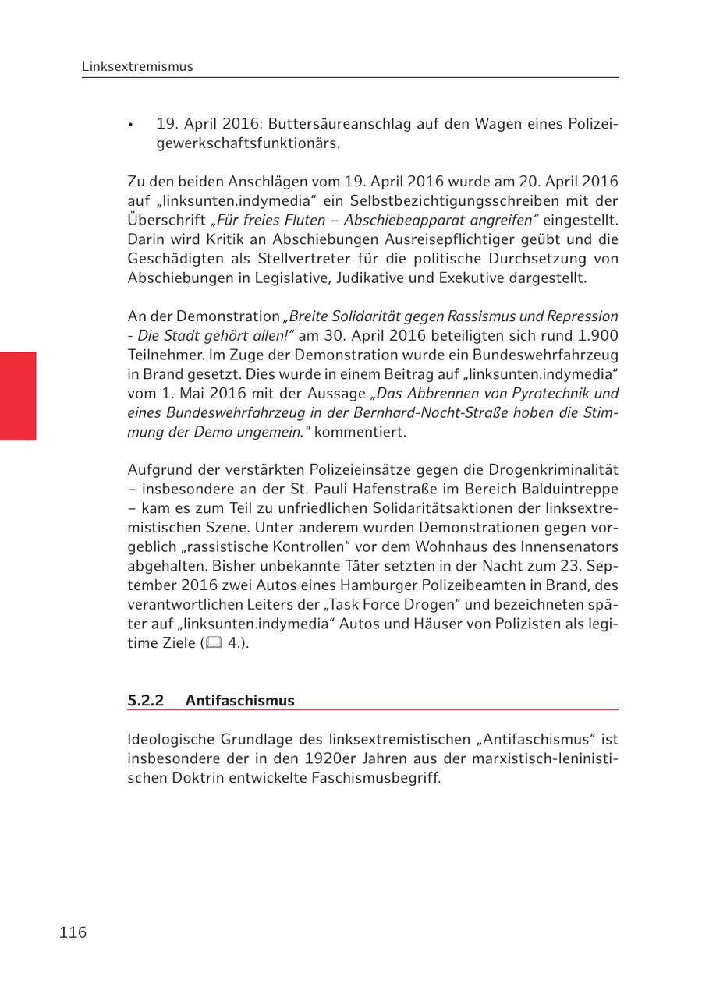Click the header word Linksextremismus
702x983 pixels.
[x=137, y=67]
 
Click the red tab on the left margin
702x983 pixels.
[x=18, y=396]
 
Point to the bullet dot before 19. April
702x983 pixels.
[x=133, y=126]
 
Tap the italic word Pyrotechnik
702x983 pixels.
[x=537, y=393]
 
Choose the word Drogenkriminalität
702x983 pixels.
[x=552, y=470]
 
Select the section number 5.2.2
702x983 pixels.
[x=146, y=701]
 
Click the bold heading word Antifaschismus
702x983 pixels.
[x=240, y=701]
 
